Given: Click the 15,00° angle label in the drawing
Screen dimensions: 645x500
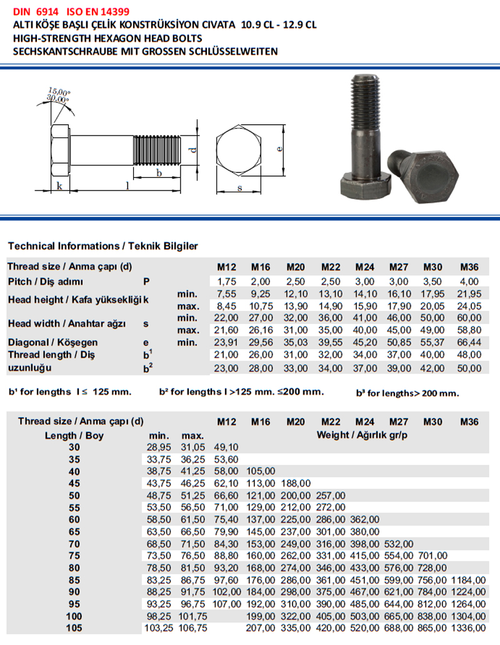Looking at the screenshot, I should coord(59,92).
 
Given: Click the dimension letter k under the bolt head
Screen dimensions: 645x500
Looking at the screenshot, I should coord(59,187).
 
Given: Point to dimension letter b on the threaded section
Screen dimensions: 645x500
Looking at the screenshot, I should coord(159,173).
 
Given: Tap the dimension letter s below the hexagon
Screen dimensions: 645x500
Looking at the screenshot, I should coord(240,187).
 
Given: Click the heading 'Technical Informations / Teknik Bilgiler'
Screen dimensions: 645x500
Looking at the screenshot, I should coord(102,246).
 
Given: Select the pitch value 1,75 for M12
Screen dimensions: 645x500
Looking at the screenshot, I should coord(226,282).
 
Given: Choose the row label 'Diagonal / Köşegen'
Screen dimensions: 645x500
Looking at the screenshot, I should coord(52,342).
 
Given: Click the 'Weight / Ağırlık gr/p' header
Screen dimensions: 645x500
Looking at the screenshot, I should coord(362,435).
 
